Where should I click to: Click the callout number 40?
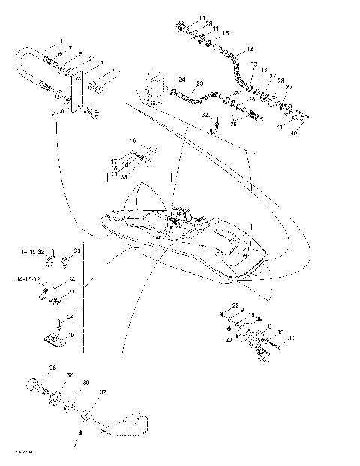click(294, 134)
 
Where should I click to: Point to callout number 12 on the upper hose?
click(250, 48)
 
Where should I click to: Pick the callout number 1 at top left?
click(61, 40)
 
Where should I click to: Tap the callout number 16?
click(133, 140)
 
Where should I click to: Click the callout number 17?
click(114, 161)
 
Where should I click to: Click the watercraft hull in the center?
click(187, 240)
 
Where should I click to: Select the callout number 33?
click(76, 251)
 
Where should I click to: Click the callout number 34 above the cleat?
click(70, 317)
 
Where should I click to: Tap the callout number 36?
click(52, 368)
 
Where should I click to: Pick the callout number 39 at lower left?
click(86, 383)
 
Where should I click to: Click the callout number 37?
click(102, 392)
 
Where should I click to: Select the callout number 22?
click(234, 305)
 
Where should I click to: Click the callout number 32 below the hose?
click(203, 115)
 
